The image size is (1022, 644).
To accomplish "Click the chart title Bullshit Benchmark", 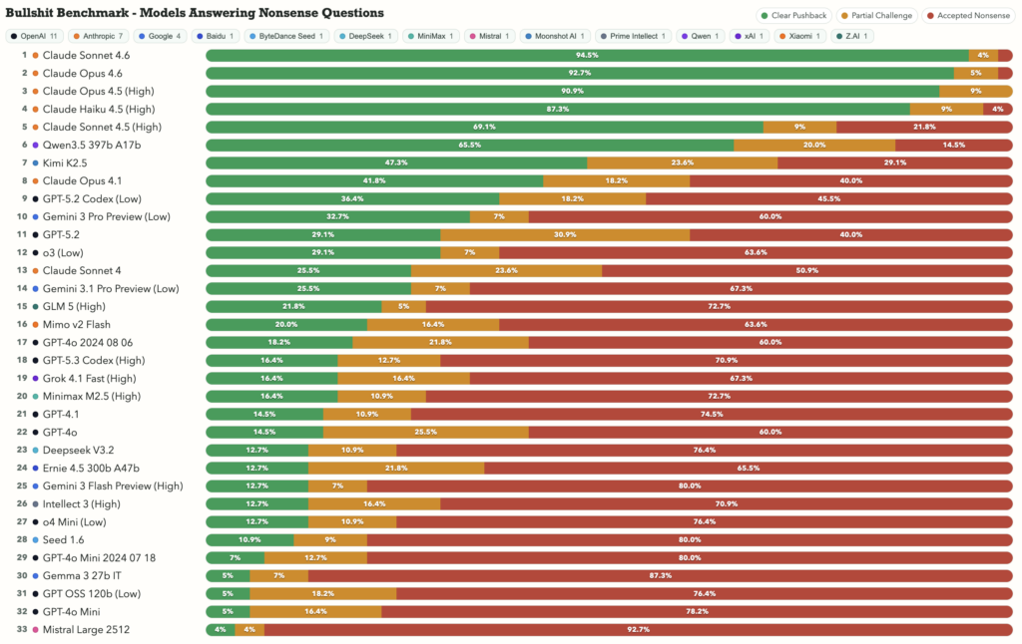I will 195,13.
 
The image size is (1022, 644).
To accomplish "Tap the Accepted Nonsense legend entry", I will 965,16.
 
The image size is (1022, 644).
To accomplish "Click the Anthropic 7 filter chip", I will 98,36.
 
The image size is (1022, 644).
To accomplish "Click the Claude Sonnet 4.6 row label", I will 86,55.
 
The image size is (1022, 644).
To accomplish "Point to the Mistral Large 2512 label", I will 86,629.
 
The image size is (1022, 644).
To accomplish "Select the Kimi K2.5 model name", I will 65,162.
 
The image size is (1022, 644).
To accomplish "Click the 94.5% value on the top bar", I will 587,55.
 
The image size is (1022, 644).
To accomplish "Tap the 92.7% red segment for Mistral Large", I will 638,629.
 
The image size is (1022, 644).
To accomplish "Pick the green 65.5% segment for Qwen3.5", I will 470,145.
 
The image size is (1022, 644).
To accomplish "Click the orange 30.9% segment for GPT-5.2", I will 565,234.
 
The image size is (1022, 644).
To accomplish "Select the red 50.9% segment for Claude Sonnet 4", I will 806,270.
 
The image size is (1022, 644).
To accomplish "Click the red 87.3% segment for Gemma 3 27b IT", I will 660,575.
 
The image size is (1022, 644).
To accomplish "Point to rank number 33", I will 21,629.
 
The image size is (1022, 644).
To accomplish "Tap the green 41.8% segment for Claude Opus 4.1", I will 374,180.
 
